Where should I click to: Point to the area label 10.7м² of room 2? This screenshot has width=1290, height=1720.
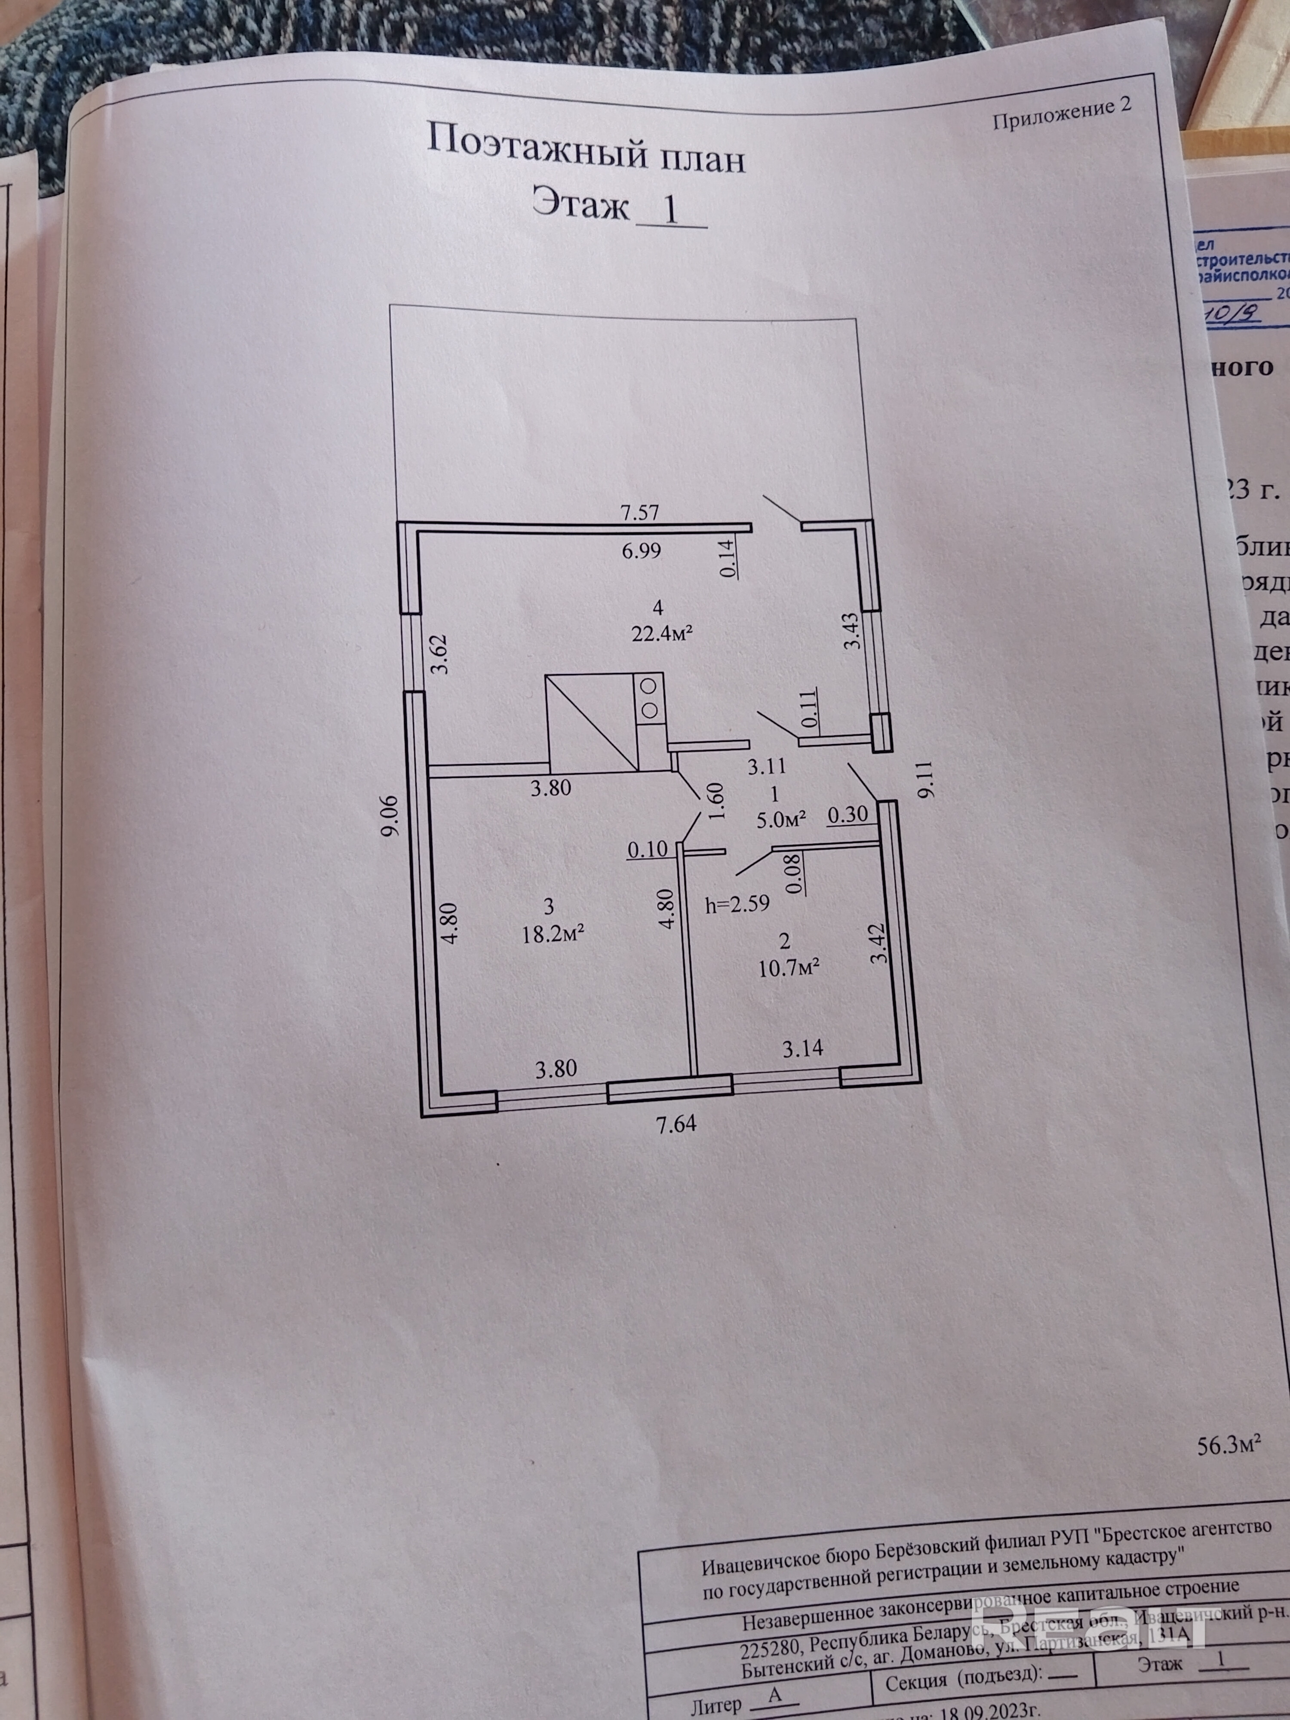point(789,968)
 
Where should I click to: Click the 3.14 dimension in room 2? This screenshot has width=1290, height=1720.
point(802,1049)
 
